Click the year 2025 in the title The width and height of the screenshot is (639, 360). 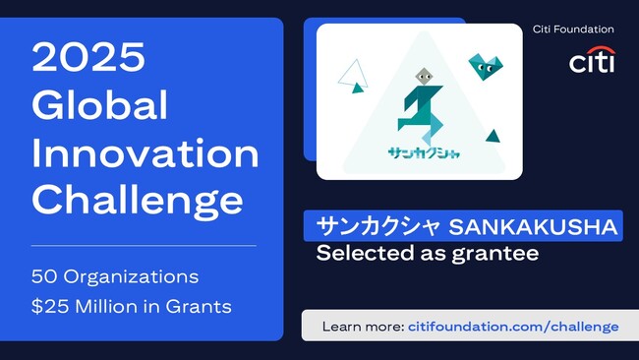(x=87, y=58)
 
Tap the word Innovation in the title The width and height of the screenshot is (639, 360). (x=145, y=153)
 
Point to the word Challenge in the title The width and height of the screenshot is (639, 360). (x=137, y=200)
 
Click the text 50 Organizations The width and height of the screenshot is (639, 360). (x=115, y=275)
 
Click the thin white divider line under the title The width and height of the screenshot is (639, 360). (x=144, y=245)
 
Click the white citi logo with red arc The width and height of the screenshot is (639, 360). (x=592, y=60)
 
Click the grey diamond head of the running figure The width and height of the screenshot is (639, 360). (x=423, y=77)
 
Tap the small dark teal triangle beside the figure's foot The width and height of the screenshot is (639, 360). (x=494, y=136)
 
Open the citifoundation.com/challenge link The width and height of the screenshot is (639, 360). (x=512, y=327)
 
